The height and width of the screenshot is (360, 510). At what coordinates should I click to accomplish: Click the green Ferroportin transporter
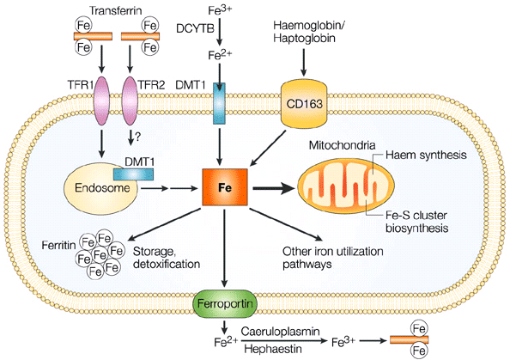pyautogui.click(x=226, y=303)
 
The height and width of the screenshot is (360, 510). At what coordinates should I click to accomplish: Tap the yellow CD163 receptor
pyautogui.click(x=305, y=104)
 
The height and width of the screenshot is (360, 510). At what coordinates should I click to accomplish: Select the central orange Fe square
pyautogui.click(x=225, y=187)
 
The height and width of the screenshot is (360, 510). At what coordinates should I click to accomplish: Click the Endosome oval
pyautogui.click(x=100, y=189)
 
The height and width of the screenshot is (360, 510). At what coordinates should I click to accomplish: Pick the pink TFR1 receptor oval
pyautogui.click(x=101, y=101)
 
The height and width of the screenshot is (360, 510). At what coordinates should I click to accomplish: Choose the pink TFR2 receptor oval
pyautogui.click(x=130, y=101)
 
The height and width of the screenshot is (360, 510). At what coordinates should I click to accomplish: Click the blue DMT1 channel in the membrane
pyautogui.click(x=219, y=103)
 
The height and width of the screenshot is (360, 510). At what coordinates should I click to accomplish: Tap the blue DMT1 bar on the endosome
pyautogui.click(x=133, y=174)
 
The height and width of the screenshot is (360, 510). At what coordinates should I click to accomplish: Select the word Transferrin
pyautogui.click(x=115, y=10)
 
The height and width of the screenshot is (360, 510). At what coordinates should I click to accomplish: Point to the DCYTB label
pyautogui.click(x=195, y=28)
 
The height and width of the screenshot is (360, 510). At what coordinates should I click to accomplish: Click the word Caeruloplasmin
pyautogui.click(x=280, y=332)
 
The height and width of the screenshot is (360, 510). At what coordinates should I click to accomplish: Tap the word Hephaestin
pyautogui.click(x=272, y=349)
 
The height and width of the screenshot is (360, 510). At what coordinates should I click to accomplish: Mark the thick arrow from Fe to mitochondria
pyautogui.click(x=275, y=188)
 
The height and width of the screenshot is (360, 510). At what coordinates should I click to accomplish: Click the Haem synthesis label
pyautogui.click(x=426, y=155)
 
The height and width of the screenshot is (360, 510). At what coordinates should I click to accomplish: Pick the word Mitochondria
pyautogui.click(x=342, y=145)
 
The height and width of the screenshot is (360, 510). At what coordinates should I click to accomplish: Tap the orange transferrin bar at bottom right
pyautogui.click(x=410, y=340)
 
